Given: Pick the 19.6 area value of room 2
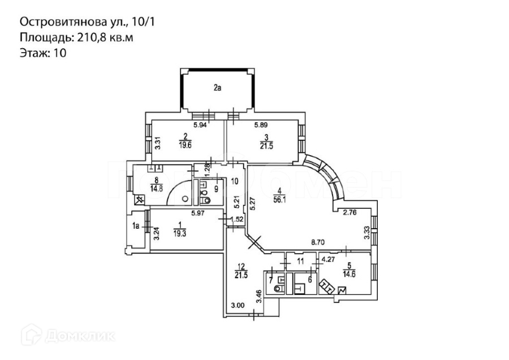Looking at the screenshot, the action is tap(185, 144).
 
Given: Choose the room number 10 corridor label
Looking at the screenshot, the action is tap(235, 181).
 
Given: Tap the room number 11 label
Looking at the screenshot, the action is tap(300, 261).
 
